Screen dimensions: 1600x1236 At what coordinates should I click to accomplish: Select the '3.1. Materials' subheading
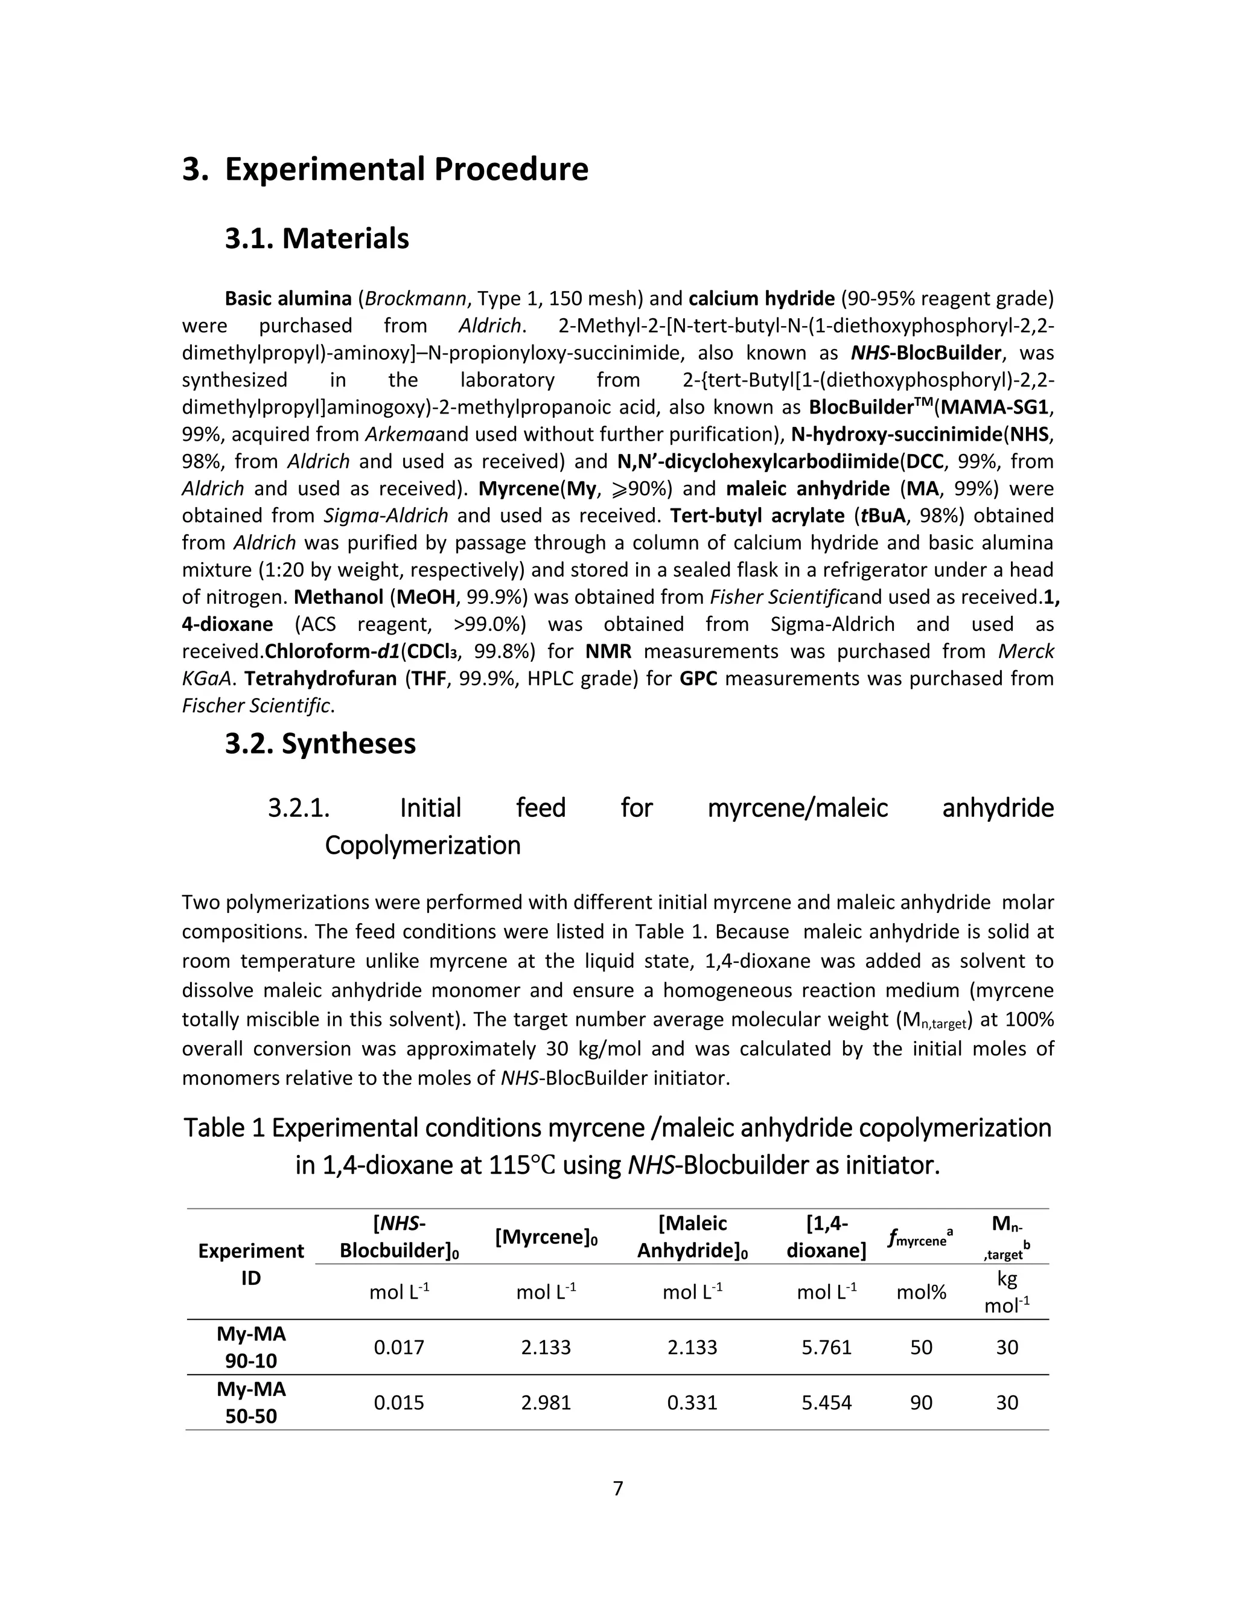tap(316, 239)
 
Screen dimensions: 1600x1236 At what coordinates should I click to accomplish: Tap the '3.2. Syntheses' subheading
tap(320, 744)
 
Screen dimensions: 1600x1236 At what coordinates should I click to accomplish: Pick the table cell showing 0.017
tap(399, 1347)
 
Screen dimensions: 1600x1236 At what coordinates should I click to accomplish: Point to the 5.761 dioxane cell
tap(826, 1347)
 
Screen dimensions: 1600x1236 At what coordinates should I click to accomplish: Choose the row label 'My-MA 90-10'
tap(251, 1347)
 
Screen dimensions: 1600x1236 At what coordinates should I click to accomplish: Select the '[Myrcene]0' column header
tap(546, 1237)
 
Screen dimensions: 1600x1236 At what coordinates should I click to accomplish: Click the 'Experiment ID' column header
tap(251, 1264)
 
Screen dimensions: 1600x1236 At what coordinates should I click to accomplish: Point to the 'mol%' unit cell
tap(921, 1292)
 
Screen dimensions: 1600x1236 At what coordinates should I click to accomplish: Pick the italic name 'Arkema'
tap(400, 435)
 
